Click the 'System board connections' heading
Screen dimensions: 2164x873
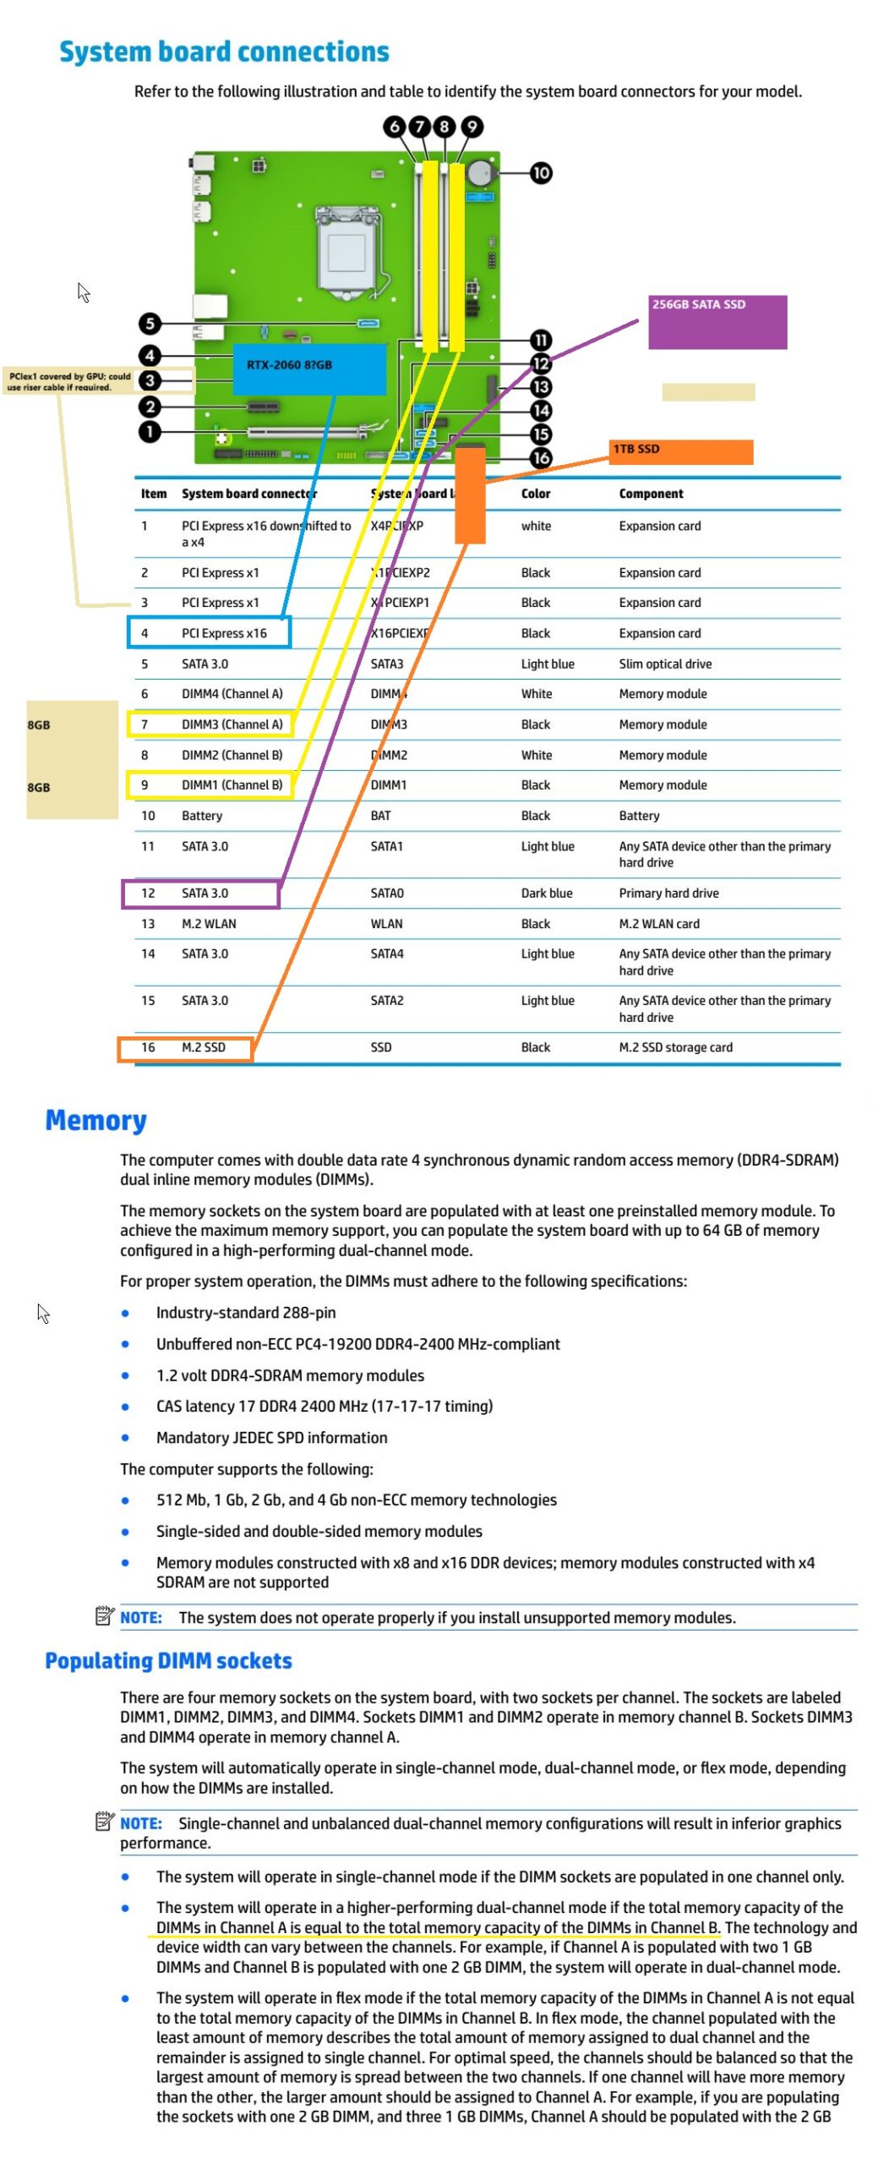pos(224,52)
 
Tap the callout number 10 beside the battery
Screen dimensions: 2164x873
pos(540,173)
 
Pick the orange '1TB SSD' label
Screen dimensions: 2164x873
pos(680,451)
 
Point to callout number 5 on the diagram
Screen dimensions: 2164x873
pos(150,323)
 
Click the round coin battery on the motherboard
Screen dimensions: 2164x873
pos(480,173)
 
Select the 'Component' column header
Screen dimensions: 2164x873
pos(651,494)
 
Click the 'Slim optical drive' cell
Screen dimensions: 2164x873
pos(665,664)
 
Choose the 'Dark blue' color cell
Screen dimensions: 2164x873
pos(547,893)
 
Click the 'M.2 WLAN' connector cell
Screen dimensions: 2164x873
pos(209,924)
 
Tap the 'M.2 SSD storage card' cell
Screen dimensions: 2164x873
pos(675,1047)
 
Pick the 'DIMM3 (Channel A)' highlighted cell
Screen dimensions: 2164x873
pos(232,724)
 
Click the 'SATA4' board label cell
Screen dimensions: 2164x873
pos(386,954)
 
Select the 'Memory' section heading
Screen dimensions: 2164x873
pos(95,1120)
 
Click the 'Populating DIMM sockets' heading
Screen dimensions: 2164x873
pos(168,1661)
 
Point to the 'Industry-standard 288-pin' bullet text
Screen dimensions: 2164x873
pos(246,1313)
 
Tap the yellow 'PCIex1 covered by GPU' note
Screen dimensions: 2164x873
pos(69,381)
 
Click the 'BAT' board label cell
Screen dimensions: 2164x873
pos(380,816)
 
